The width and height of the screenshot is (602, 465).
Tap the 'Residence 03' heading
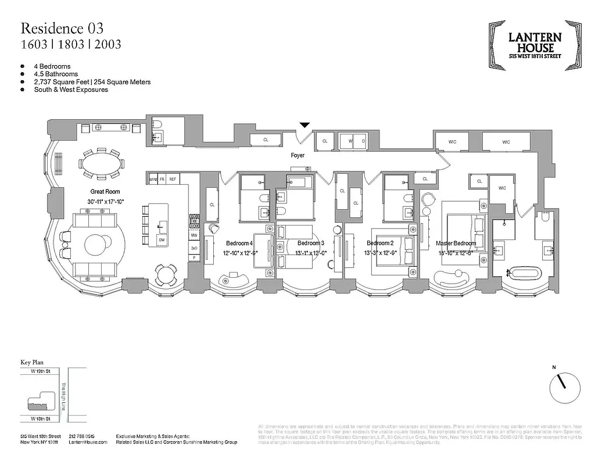[63, 28]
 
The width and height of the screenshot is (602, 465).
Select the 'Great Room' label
[105, 191]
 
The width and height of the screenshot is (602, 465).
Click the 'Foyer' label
[298, 156]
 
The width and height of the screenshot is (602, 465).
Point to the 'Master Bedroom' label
[457, 243]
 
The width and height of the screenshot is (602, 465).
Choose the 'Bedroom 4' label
[239, 243]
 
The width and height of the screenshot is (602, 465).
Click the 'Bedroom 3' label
[310, 243]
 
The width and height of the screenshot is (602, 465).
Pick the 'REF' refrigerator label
[173, 180]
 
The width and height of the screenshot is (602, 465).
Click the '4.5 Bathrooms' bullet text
[56, 74]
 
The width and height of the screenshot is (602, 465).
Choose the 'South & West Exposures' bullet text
[71, 90]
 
